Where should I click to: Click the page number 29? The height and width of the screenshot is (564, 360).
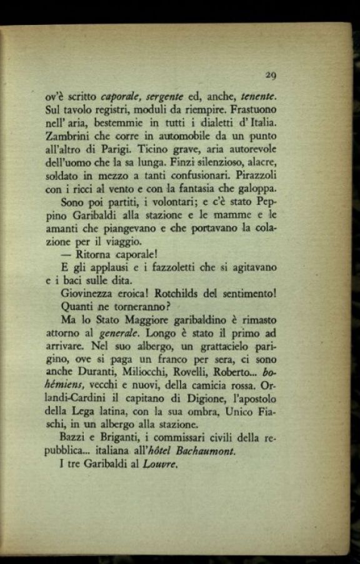[271, 75]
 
